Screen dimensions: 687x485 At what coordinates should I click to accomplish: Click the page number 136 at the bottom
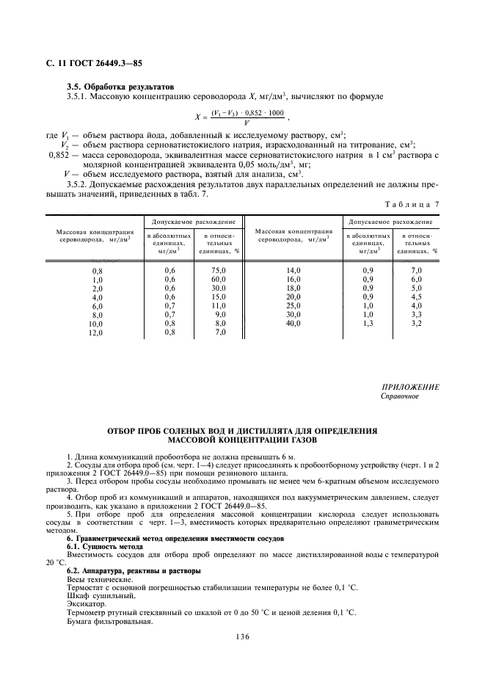(x=242, y=636)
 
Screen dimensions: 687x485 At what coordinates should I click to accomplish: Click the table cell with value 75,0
(x=219, y=271)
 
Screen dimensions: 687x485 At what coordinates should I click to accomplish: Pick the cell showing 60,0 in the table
(x=219, y=280)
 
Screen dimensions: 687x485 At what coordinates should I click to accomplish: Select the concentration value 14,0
(x=293, y=271)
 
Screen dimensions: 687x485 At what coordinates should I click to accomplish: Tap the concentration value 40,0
(x=293, y=323)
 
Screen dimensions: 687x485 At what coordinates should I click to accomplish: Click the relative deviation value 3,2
(x=417, y=323)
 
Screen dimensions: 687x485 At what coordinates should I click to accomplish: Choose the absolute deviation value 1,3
(x=368, y=323)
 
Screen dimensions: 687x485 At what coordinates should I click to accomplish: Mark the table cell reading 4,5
(x=417, y=297)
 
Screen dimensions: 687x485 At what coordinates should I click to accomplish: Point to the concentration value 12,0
(x=96, y=332)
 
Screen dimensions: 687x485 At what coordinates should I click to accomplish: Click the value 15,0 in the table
(x=219, y=297)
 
